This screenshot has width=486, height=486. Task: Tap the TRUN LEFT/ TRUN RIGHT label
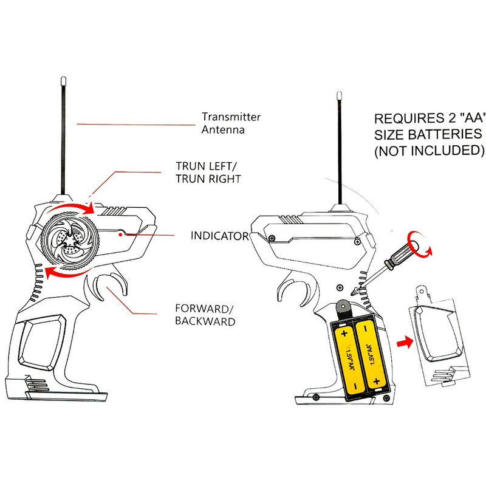click(208, 173)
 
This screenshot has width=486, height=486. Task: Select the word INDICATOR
click(219, 235)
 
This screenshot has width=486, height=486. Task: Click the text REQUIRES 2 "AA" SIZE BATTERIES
click(428, 126)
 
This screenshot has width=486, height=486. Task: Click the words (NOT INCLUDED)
click(428, 149)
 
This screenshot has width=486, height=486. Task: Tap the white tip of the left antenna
click(64, 80)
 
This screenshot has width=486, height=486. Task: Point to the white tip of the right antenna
click(340, 95)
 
